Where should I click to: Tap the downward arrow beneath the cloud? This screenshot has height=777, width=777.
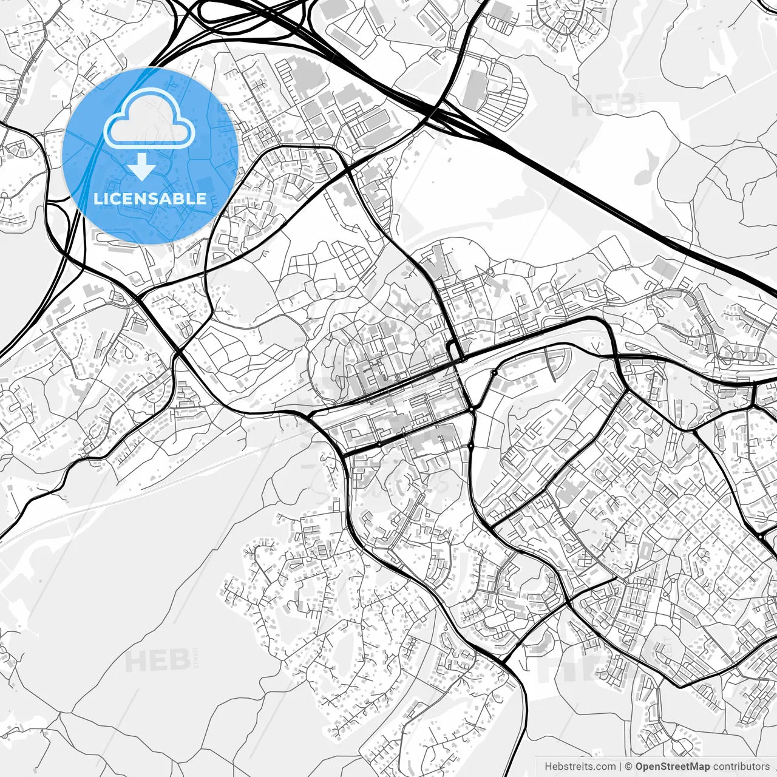pyautogui.click(x=142, y=166)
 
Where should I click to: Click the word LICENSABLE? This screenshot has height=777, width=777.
pyautogui.click(x=149, y=198)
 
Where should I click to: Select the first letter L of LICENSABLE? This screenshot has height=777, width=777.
pyautogui.click(x=97, y=198)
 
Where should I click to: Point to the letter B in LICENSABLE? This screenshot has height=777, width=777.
pyautogui.click(x=180, y=198)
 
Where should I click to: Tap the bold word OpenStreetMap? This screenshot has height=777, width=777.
pyautogui.click(x=672, y=766)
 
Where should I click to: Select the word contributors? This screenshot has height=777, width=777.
pyautogui.click(x=741, y=766)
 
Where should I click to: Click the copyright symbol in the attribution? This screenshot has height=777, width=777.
pyautogui.click(x=629, y=766)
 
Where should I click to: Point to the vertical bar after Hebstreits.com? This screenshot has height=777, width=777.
pyautogui.click(x=620, y=766)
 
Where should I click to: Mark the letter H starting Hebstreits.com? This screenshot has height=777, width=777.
pyautogui.click(x=548, y=766)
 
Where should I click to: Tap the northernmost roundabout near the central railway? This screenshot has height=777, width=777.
pyautogui.click(x=495, y=372)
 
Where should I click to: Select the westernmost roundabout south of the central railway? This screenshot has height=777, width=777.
pyautogui.click(x=380, y=444)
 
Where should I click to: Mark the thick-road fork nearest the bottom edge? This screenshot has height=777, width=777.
pyautogui.click(x=505, y=662)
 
